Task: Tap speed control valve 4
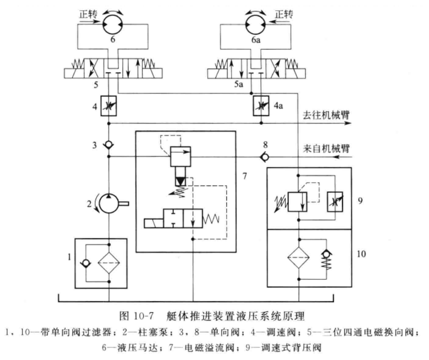(x=109, y=106)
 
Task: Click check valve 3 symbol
(x=109, y=144)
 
